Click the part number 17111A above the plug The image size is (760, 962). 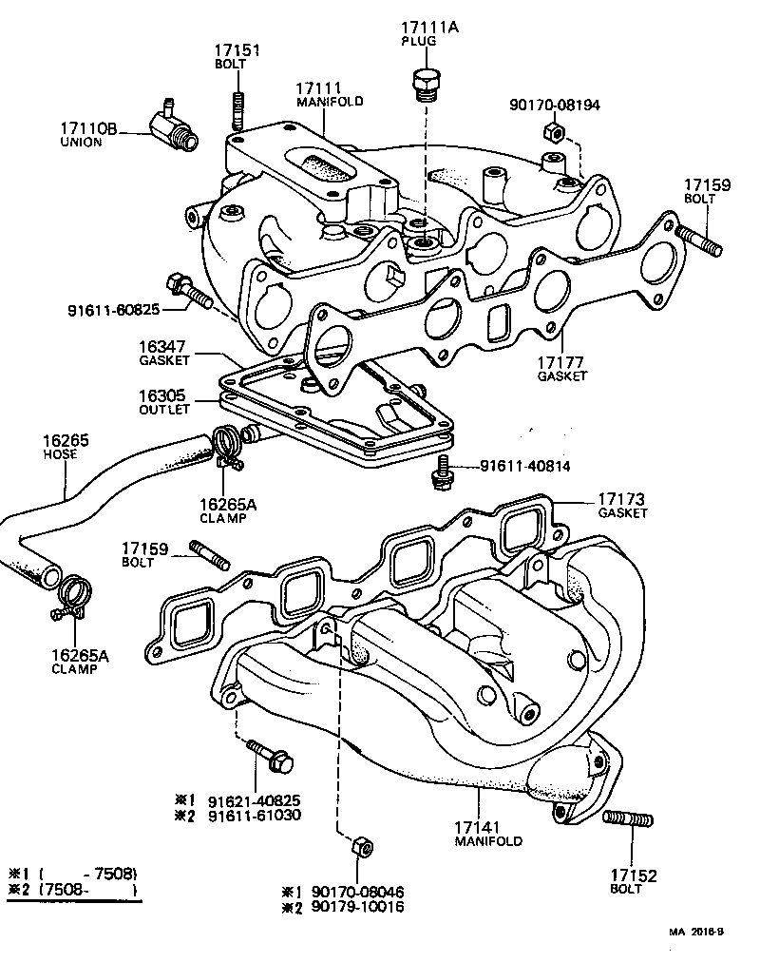(427, 29)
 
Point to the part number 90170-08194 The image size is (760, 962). (554, 106)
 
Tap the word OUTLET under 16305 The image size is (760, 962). (163, 409)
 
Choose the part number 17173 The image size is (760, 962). (622, 498)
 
